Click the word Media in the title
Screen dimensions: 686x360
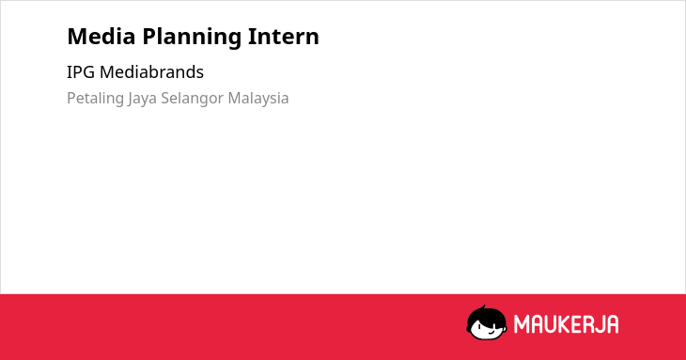pos(101,37)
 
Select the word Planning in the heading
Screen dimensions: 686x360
pos(192,38)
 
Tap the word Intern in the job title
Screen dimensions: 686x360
pos(284,37)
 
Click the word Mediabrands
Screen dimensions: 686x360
pos(151,72)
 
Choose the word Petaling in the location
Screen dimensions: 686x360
pos(95,99)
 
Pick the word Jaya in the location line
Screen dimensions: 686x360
pos(142,99)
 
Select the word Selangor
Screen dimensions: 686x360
pos(192,99)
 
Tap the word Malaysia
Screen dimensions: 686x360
pos(258,99)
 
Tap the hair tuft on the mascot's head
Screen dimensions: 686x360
pos(483,308)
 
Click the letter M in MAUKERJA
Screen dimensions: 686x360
pos(522,324)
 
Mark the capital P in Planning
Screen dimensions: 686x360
pos(149,37)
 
